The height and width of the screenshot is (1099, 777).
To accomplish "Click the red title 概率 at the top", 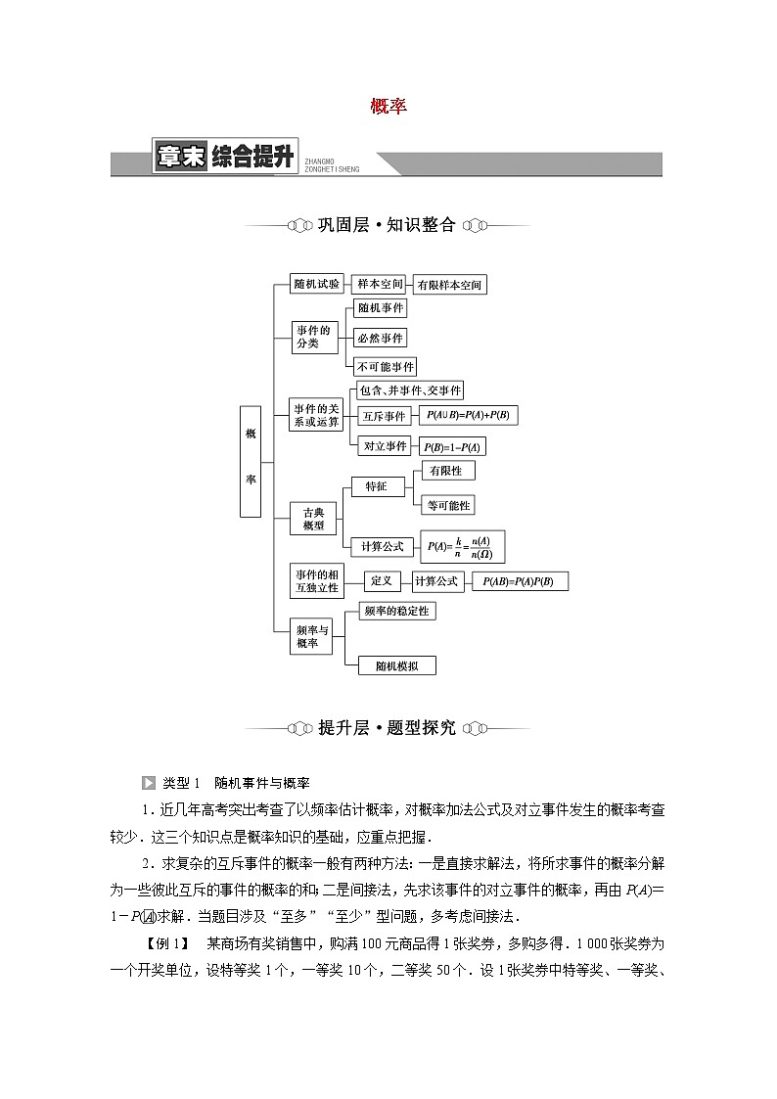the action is click(x=388, y=107).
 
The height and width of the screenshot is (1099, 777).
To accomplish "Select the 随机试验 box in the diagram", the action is click(x=317, y=284).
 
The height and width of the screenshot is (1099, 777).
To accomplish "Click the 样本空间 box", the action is click(x=379, y=284).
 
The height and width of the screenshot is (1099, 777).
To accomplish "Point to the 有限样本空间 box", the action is click(x=450, y=285).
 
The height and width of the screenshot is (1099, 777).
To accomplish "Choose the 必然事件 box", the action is click(x=380, y=338).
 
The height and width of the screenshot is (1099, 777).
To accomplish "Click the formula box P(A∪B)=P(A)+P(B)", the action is click(x=468, y=416).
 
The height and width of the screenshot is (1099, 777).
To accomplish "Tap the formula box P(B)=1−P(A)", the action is click(x=452, y=447).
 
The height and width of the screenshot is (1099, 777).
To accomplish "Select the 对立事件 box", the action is click(x=385, y=446).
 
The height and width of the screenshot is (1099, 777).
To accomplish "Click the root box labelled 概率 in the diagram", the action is click(x=251, y=459).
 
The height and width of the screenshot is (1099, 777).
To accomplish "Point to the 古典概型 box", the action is click(x=313, y=519).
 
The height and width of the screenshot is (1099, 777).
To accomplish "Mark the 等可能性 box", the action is click(x=446, y=505).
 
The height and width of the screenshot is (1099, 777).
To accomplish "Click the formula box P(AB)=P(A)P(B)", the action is click(x=519, y=581).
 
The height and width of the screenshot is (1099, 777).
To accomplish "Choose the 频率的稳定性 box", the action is click(x=395, y=611).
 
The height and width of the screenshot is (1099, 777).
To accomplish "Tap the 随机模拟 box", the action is click(x=396, y=665).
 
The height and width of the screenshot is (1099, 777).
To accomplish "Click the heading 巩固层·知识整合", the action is click(x=388, y=225).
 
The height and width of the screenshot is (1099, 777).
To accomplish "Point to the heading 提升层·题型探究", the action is click(x=388, y=728).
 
